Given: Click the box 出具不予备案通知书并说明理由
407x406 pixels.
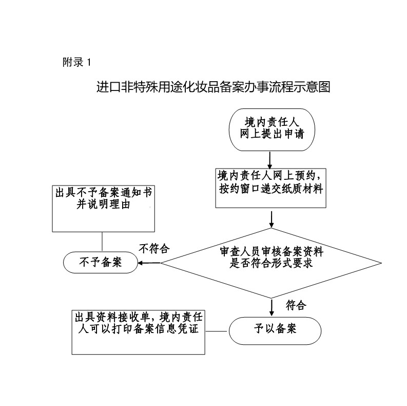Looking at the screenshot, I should (103, 208).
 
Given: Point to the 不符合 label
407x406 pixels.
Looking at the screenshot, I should (154, 249).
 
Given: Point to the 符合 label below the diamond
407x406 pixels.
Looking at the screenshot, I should (296, 306).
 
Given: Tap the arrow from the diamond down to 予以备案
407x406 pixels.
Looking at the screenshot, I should (272, 307).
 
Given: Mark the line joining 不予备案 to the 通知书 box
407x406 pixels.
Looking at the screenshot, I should (103, 242).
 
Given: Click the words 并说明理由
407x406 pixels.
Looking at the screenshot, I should (103, 205).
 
